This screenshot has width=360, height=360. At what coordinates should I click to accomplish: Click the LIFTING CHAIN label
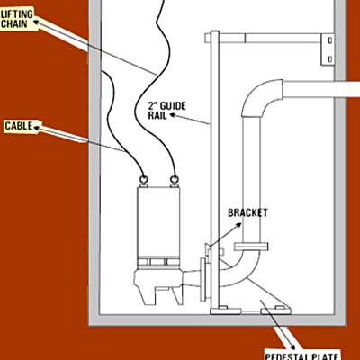click(17, 19)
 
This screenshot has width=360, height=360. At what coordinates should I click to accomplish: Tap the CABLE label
click(19, 126)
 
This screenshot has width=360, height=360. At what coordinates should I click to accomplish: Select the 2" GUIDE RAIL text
click(167, 111)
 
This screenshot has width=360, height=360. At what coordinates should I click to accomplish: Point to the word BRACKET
click(247, 212)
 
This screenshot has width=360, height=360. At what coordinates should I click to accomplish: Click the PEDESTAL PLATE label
click(301, 356)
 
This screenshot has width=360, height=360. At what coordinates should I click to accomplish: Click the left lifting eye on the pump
click(143, 180)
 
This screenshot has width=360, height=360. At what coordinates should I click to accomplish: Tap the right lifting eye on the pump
click(174, 180)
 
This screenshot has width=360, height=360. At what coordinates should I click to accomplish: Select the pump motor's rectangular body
click(158, 222)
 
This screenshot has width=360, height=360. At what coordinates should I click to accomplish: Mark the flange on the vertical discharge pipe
click(251, 247)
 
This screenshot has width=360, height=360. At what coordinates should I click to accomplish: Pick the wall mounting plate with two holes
click(328, 49)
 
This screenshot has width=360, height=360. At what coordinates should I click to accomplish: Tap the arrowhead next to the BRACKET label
click(238, 225)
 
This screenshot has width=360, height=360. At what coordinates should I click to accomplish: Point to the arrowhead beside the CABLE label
click(36, 129)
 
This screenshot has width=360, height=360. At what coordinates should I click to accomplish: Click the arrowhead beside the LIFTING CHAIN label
click(36, 22)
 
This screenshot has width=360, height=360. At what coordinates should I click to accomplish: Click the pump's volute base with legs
click(158, 286)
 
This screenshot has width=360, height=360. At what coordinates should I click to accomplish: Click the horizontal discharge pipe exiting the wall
click(321, 89)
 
